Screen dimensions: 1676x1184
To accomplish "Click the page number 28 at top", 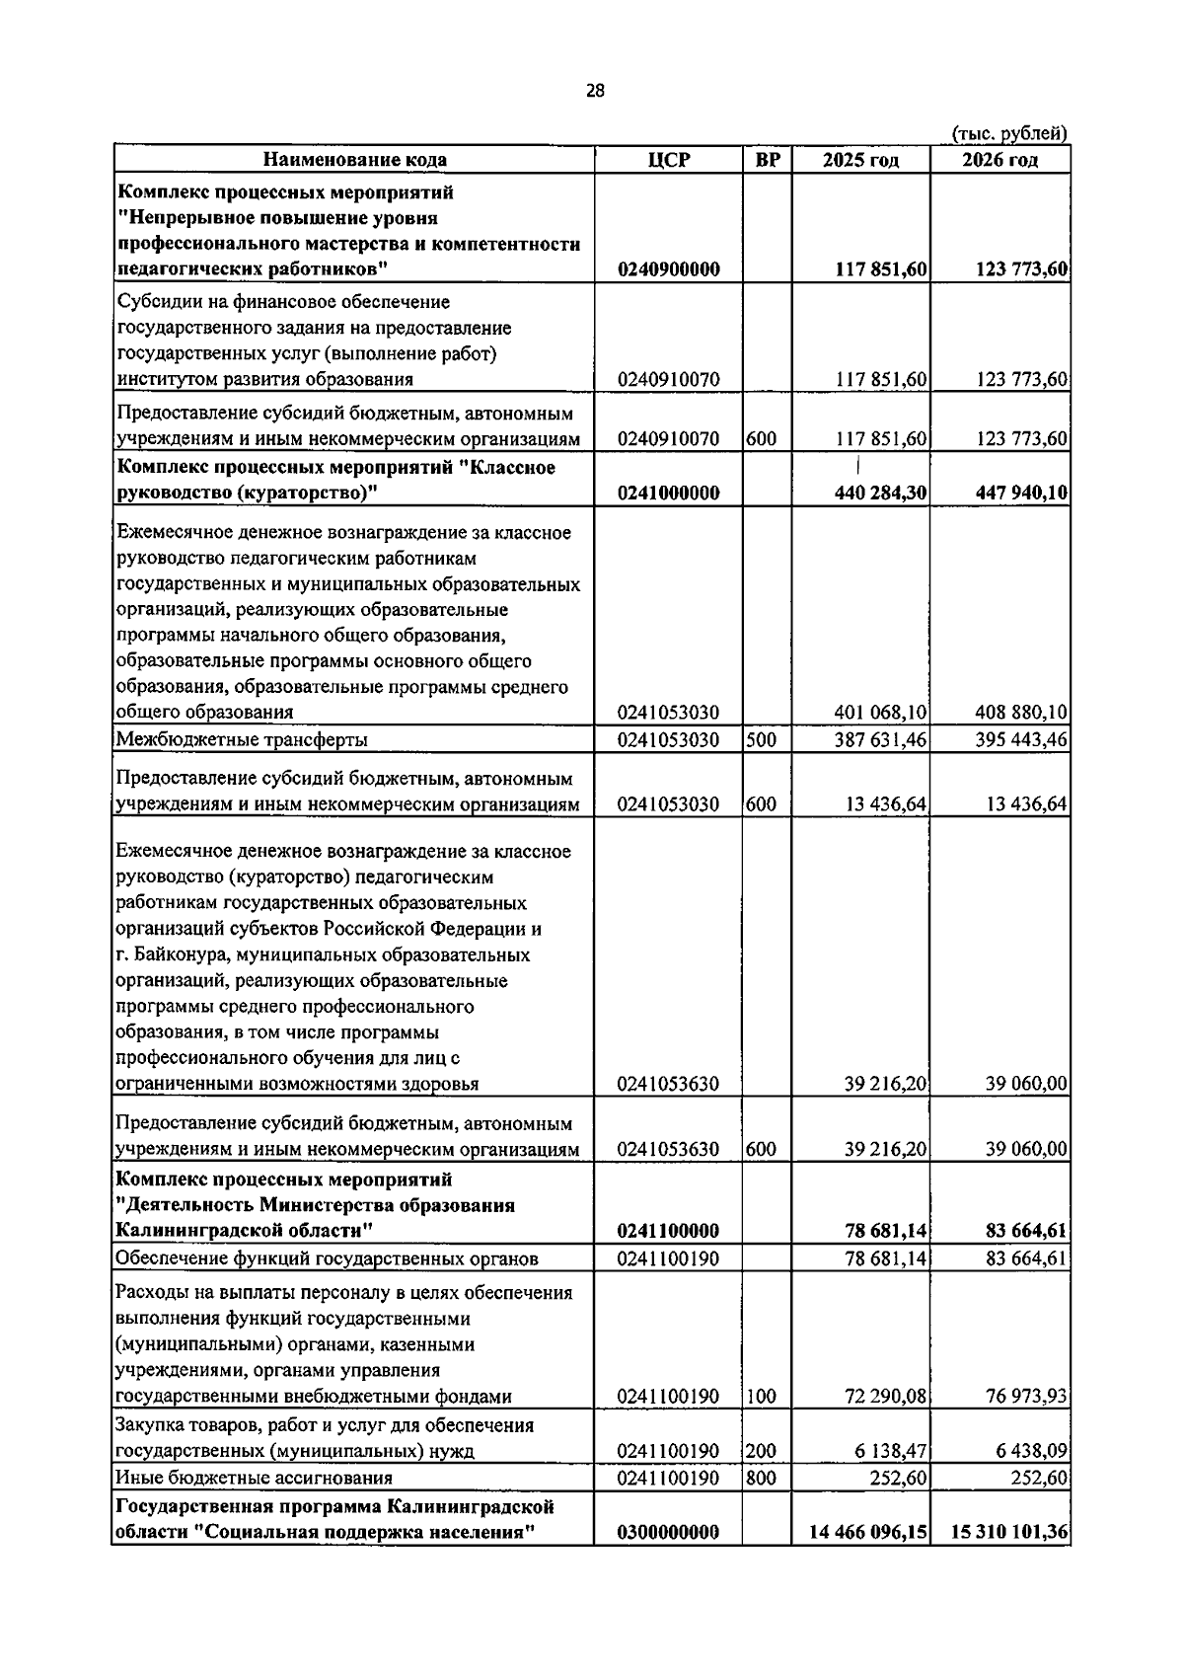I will tap(595, 91).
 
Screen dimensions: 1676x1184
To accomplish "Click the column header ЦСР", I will tap(668, 160).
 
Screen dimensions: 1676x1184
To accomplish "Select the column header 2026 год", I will tap(999, 160).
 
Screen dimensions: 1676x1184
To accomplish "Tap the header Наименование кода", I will tap(354, 160).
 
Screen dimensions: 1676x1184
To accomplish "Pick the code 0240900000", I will tap(669, 269).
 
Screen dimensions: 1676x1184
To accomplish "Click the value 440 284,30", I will tap(880, 494).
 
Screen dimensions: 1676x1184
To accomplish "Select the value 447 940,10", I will tap(1021, 494).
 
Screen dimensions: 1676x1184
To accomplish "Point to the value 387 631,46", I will tap(880, 739).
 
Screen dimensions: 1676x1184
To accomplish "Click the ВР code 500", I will tap(760, 739).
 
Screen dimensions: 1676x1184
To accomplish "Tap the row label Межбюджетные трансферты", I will tap(243, 739).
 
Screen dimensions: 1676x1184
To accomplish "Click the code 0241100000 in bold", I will tap(669, 1231).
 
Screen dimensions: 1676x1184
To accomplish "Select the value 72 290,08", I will tap(885, 1397).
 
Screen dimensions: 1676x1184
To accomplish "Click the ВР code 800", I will tap(760, 1478).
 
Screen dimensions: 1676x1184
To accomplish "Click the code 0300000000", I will tap(669, 1560).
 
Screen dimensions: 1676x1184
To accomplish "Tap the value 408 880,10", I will tap(1021, 713).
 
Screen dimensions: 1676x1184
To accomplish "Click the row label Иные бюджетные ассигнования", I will tap(255, 1478).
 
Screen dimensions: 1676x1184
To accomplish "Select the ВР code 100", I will tap(760, 1397).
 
